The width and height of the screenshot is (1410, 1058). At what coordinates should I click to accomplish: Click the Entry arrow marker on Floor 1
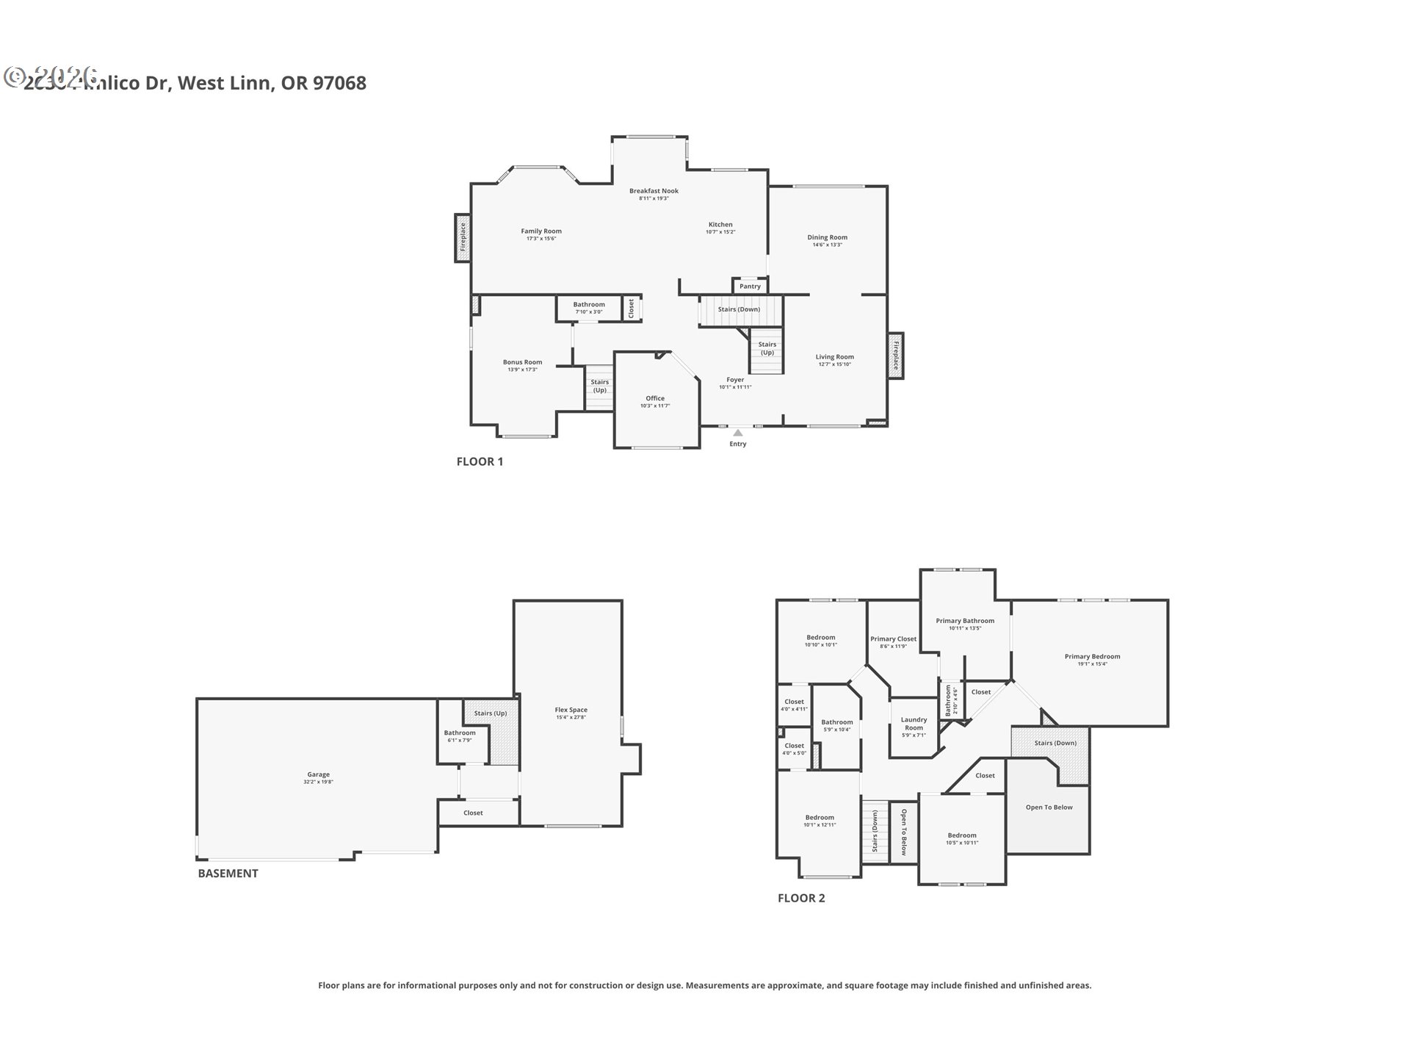tap(737, 433)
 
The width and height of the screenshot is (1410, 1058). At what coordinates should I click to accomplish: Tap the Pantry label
tap(750, 287)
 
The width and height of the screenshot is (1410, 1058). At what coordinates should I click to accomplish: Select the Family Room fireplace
tap(463, 237)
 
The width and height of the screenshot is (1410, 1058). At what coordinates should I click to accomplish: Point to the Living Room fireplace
tap(895, 356)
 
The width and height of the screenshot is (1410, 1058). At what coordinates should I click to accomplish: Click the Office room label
tap(655, 398)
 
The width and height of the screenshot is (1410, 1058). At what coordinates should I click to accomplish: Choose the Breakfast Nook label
tap(654, 191)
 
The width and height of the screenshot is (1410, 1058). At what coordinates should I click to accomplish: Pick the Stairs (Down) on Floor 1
tap(739, 309)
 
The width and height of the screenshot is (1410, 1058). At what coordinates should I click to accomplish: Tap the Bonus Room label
tap(522, 362)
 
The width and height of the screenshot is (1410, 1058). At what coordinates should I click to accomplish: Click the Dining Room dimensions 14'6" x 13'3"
tap(827, 245)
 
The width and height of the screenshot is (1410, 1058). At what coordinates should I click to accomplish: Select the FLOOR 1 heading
tap(480, 461)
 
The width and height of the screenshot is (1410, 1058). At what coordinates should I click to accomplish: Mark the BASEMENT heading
tap(228, 874)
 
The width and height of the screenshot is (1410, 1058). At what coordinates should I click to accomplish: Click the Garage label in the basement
tap(318, 774)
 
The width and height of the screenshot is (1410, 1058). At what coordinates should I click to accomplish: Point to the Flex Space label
tap(571, 710)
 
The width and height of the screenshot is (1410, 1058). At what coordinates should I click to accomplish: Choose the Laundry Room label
tap(914, 724)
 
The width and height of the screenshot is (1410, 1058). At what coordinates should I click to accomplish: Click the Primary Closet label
tap(893, 639)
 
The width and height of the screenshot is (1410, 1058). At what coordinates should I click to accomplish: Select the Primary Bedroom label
tap(1092, 657)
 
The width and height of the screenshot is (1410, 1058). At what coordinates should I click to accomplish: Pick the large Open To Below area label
tap(1049, 807)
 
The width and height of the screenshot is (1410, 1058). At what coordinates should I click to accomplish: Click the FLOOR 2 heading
tap(801, 898)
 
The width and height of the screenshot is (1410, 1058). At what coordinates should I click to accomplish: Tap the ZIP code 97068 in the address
tap(339, 83)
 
